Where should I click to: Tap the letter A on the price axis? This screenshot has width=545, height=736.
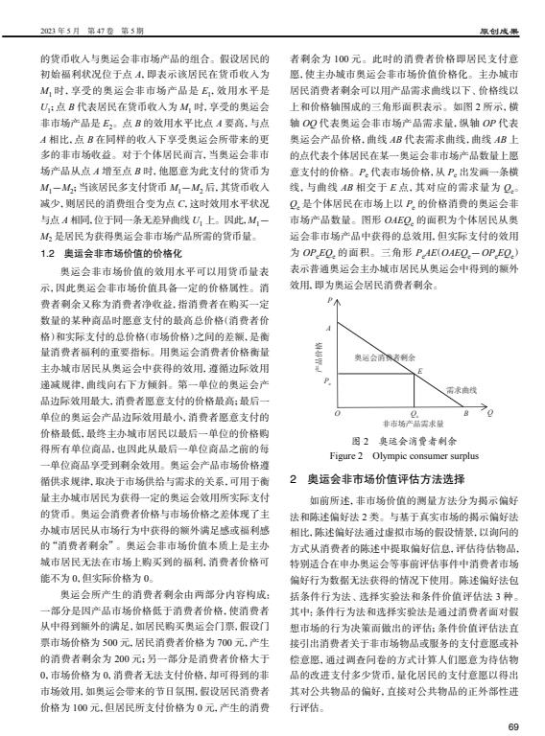328,329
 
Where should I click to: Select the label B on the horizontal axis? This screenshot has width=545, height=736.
466,413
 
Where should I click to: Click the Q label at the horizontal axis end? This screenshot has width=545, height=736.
491,413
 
